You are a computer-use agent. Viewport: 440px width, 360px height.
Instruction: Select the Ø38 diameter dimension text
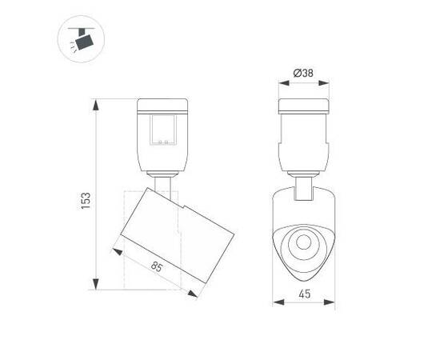[x=303, y=73]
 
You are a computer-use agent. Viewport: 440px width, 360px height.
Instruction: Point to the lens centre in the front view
[x=304, y=242]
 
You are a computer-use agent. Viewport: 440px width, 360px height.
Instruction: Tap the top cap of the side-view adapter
[x=166, y=105]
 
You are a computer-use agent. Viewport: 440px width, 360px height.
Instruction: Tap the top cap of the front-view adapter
[x=303, y=105]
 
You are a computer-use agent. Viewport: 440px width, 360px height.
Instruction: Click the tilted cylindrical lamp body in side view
[x=176, y=232]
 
